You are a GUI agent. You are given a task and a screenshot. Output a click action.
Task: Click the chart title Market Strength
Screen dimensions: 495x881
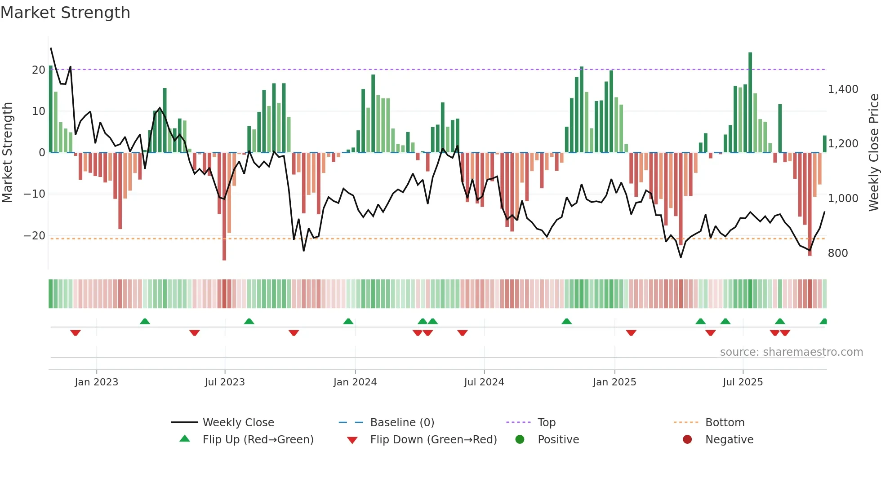click(x=65, y=13)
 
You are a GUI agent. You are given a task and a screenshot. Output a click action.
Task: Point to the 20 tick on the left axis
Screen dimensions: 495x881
click(x=38, y=70)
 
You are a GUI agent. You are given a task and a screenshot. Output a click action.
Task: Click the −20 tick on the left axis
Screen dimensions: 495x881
click(x=35, y=236)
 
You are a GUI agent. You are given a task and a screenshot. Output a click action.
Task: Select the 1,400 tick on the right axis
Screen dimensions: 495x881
click(x=843, y=89)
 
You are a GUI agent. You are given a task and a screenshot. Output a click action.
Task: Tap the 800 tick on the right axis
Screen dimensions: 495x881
click(x=838, y=253)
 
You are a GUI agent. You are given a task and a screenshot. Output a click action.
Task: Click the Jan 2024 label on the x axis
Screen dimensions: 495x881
click(x=355, y=382)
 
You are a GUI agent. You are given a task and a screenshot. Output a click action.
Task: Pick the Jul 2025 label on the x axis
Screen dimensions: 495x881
click(x=743, y=382)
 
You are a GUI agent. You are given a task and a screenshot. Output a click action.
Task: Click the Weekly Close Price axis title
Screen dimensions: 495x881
click(x=873, y=153)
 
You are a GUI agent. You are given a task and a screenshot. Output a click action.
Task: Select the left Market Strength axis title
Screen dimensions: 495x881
click(x=7, y=153)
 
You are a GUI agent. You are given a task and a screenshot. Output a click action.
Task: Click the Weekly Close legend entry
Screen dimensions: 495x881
click(x=238, y=423)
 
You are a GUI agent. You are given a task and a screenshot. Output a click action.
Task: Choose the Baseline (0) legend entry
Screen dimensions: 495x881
click(x=402, y=423)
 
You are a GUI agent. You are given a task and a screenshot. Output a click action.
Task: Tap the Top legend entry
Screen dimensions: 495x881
click(x=546, y=423)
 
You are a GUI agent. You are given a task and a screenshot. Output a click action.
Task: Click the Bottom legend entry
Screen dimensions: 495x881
click(x=725, y=423)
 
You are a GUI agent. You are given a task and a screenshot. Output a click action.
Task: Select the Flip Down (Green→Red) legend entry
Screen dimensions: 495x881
click(x=433, y=440)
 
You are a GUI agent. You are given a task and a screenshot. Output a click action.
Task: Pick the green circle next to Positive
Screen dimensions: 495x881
click(x=520, y=439)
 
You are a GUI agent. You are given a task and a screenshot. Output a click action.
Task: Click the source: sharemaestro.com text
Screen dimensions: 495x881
click(x=791, y=352)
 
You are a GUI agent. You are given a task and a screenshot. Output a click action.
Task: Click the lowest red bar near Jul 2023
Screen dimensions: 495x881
click(x=224, y=207)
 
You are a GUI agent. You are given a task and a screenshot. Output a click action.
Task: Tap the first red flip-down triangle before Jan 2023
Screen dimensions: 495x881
click(x=76, y=333)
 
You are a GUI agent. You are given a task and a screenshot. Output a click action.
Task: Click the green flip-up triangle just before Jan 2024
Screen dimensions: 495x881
click(x=348, y=321)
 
